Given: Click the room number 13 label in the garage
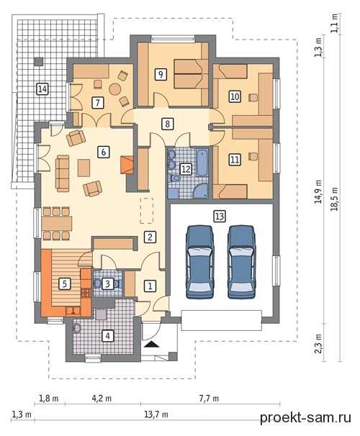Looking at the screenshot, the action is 220,216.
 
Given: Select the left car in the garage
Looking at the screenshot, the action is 199,262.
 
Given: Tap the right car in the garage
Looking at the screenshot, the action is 241,262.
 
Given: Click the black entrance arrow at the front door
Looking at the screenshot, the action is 152,345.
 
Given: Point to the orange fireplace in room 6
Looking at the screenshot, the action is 127,165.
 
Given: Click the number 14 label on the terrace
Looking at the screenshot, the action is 42,89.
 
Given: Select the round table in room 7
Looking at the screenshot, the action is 115,89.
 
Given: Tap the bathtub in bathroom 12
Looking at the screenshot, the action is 202,163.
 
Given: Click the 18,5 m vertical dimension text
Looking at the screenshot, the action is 334,199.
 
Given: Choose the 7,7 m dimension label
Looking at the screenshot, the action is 209,398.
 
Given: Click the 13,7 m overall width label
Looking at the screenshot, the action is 156,414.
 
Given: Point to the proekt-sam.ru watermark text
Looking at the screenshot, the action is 305,417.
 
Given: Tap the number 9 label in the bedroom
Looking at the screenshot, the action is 161,74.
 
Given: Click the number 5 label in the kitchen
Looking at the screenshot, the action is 65,284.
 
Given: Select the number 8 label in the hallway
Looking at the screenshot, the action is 167,124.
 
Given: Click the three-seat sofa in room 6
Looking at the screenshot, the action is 63,173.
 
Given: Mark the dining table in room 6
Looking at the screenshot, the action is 57,223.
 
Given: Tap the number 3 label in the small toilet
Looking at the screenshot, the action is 107,283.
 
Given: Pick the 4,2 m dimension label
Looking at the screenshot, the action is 102,398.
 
